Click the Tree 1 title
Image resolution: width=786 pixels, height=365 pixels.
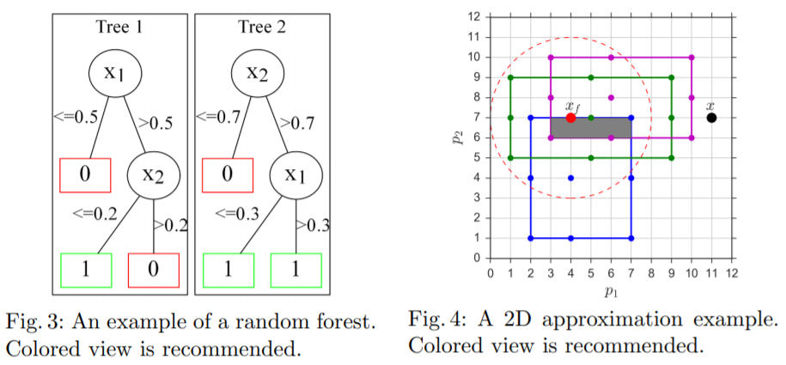(x=119, y=27)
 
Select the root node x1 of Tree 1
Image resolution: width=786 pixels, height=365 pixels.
(x=115, y=73)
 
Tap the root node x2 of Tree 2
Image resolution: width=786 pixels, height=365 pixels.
(x=258, y=73)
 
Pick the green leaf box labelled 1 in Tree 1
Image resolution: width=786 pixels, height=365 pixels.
(x=86, y=271)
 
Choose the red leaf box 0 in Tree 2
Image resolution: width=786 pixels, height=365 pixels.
(x=228, y=175)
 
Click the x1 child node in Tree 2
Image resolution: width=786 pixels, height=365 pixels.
(x=296, y=175)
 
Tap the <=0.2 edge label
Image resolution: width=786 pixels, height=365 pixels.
(x=94, y=214)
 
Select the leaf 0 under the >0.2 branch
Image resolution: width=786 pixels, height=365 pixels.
(x=154, y=271)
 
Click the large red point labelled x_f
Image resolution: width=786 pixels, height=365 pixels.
(x=570, y=118)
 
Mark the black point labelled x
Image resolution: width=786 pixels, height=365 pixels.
(x=711, y=118)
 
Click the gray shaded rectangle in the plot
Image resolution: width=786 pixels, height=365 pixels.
(x=590, y=128)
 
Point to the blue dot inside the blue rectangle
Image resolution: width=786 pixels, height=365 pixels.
(x=570, y=178)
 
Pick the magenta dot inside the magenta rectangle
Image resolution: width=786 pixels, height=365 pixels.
(x=611, y=98)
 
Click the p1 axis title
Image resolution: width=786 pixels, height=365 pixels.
(x=611, y=293)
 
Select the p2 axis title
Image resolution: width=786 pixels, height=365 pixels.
(x=457, y=137)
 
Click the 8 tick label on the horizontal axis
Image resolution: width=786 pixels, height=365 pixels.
(x=651, y=273)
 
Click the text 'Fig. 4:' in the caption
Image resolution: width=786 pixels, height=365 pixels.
(x=435, y=319)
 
